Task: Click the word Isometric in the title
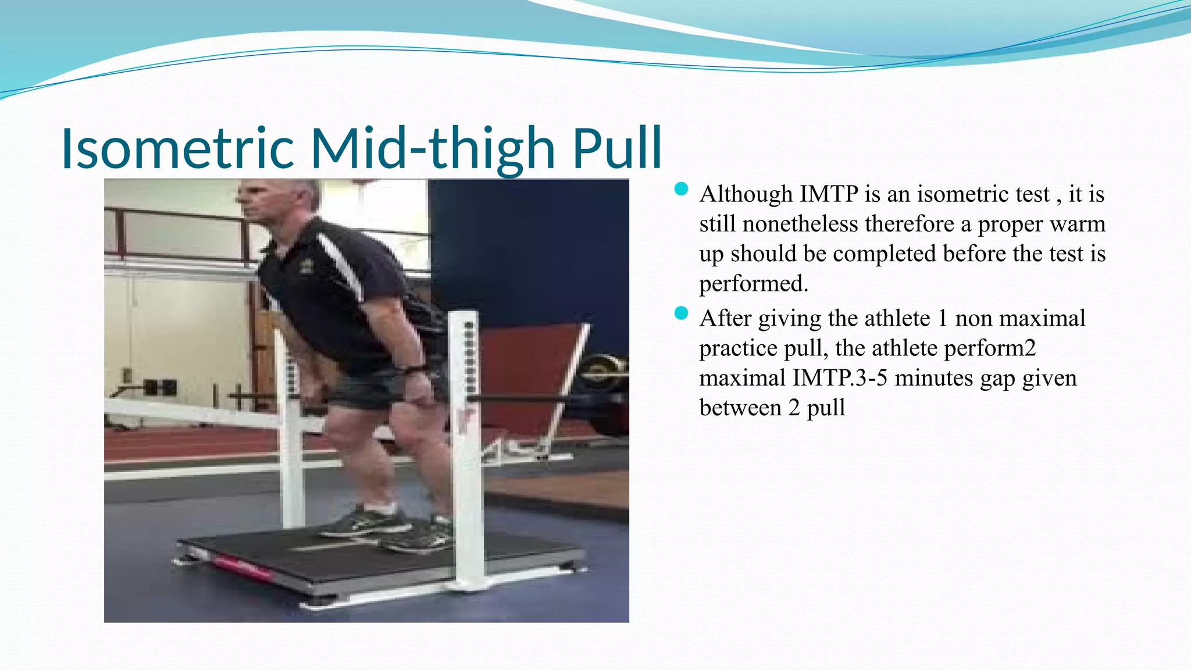coord(177,148)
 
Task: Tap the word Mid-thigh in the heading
coord(433,148)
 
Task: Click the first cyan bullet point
coord(681,189)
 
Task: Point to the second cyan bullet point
coord(681,313)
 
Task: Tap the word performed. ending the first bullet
coord(754,284)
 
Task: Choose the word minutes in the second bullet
coord(933,379)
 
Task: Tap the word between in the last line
coord(740,408)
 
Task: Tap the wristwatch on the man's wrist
coord(414,369)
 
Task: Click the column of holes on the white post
coord(470,361)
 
